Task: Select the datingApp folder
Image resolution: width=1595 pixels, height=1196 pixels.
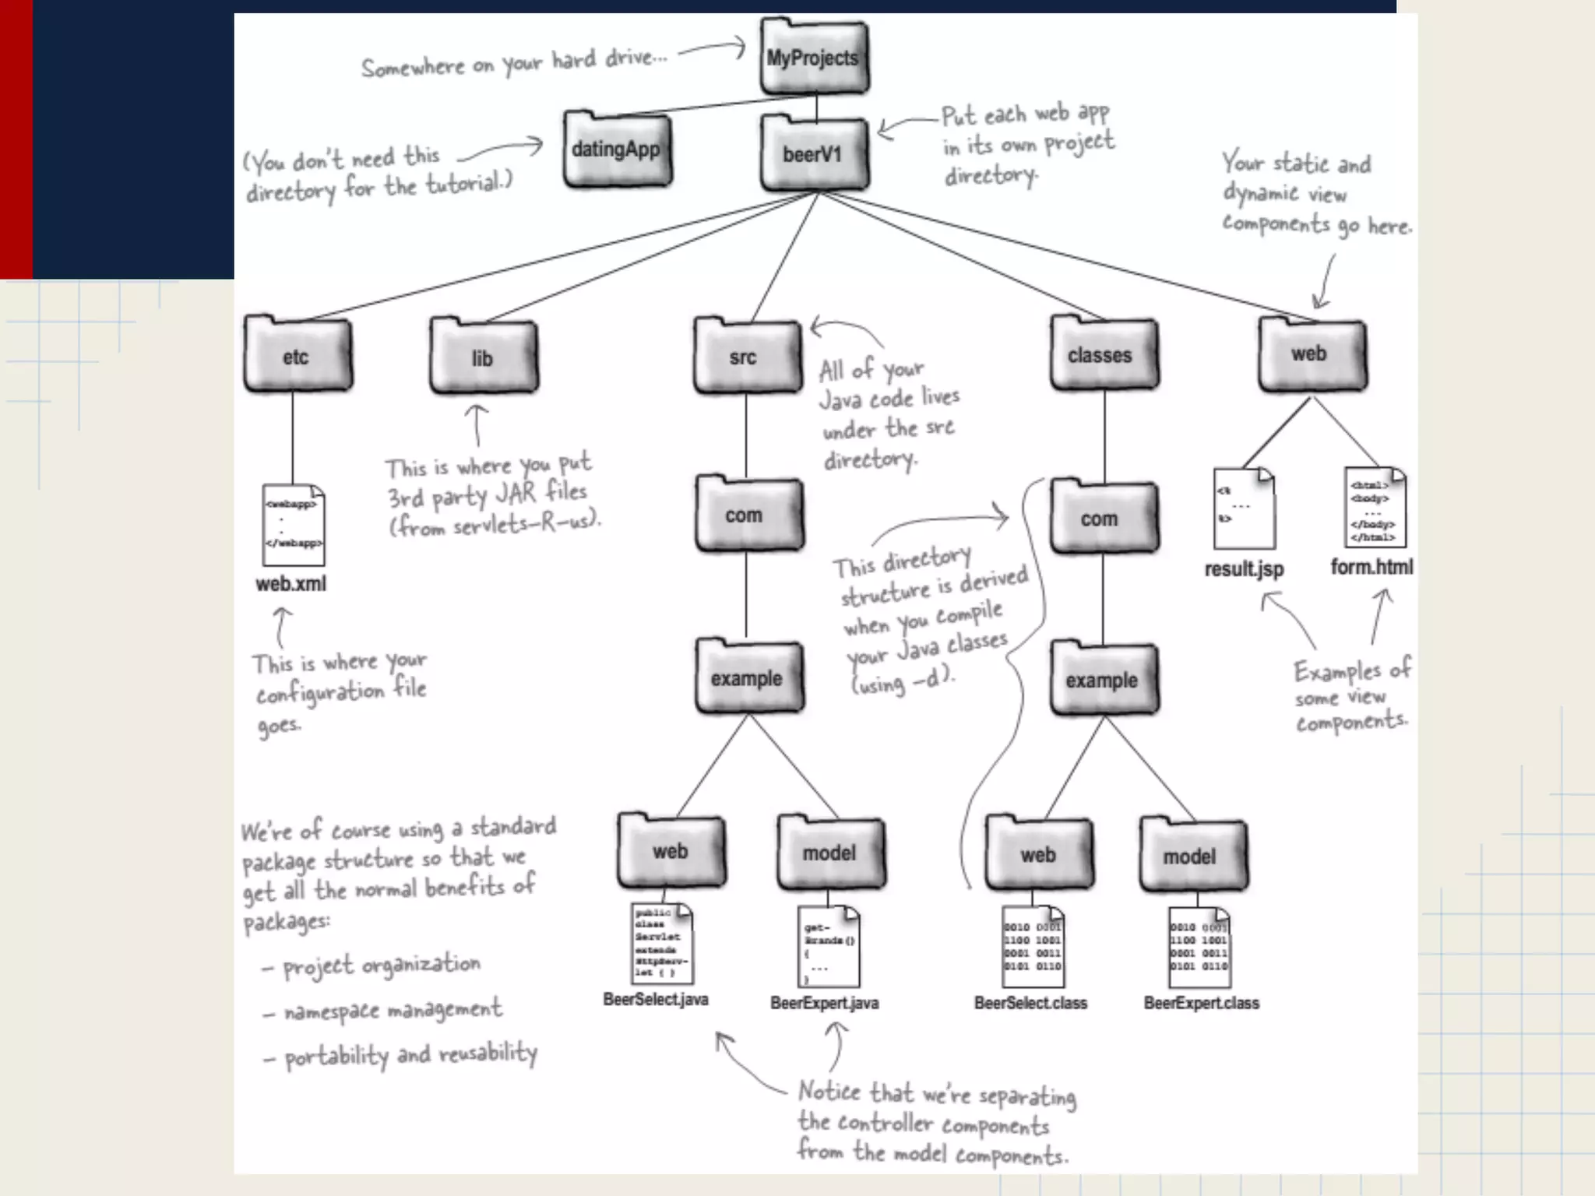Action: click(617, 149)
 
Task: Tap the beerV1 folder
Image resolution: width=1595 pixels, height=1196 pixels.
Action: click(813, 153)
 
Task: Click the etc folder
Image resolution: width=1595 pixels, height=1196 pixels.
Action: click(297, 356)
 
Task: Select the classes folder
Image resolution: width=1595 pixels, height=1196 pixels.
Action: click(1102, 354)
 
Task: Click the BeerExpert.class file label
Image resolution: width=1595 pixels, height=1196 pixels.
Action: click(1201, 1003)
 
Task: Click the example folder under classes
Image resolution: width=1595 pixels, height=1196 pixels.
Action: click(1103, 679)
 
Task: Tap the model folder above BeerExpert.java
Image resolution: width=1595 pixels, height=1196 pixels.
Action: click(830, 853)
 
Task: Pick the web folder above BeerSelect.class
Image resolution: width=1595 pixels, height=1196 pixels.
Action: click(1038, 854)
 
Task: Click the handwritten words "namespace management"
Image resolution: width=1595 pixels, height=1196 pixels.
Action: click(393, 1011)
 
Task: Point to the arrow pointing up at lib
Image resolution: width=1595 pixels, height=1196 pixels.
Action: click(477, 424)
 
